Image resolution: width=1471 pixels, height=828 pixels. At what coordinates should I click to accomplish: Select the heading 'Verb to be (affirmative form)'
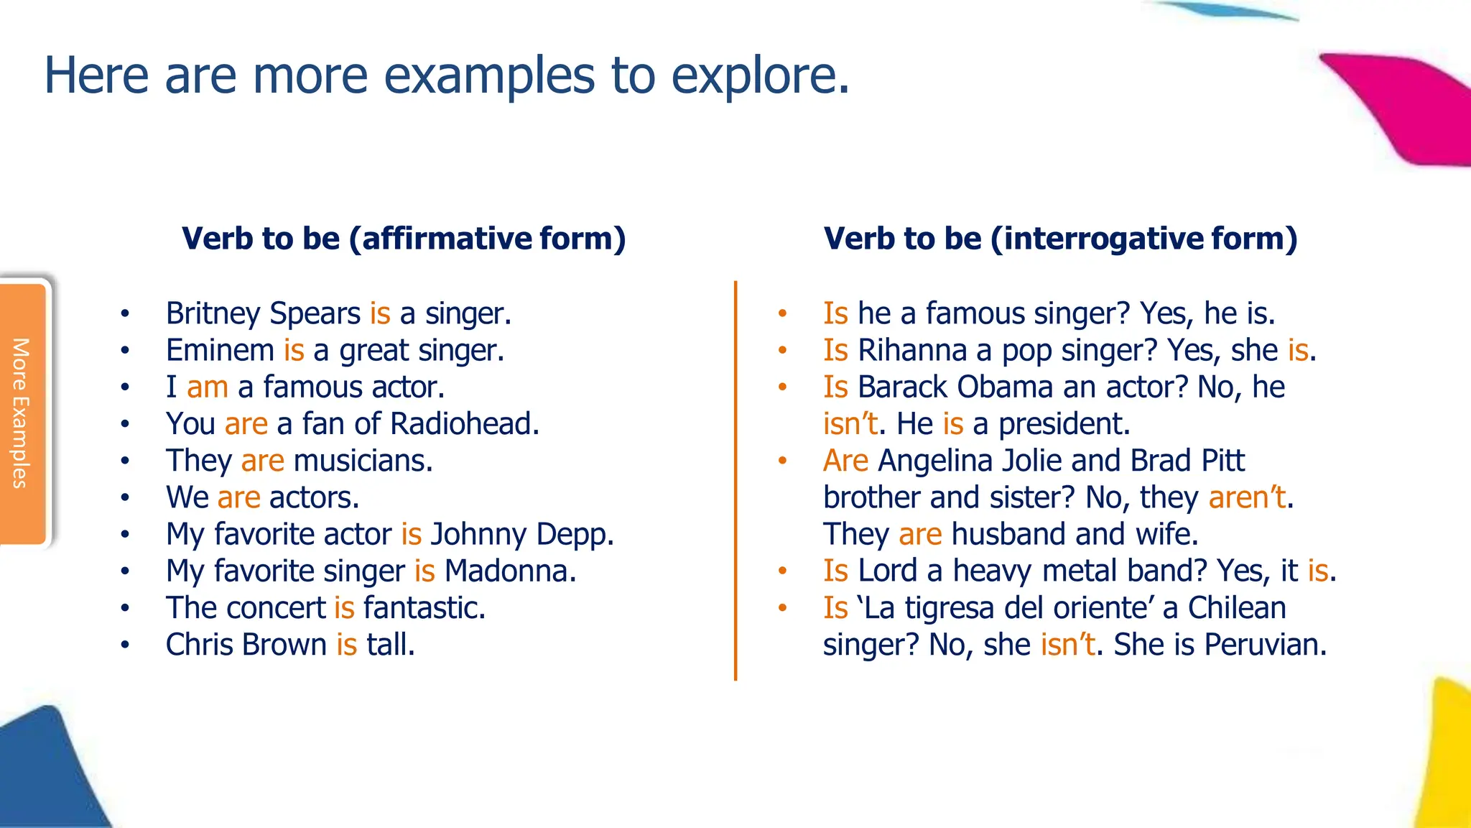click(x=404, y=239)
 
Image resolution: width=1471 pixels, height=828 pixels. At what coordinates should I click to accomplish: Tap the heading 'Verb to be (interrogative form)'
click(x=1060, y=239)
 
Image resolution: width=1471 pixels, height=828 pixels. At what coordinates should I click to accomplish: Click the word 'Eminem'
click(x=220, y=351)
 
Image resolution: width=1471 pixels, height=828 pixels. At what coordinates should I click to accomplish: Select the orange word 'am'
click(x=207, y=387)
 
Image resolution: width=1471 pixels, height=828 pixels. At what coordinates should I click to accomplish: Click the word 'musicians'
click(x=363, y=461)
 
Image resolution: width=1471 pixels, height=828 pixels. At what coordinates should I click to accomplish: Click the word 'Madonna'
click(x=510, y=571)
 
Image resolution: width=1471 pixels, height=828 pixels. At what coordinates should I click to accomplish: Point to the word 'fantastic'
click(x=424, y=608)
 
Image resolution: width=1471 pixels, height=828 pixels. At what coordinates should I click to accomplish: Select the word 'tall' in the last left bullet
click(x=390, y=645)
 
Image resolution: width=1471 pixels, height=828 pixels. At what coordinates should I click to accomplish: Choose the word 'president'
click(x=1064, y=424)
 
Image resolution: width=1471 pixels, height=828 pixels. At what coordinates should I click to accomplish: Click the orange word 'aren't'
click(x=1247, y=497)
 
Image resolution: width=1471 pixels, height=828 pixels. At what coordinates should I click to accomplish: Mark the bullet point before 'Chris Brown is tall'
click(x=125, y=645)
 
